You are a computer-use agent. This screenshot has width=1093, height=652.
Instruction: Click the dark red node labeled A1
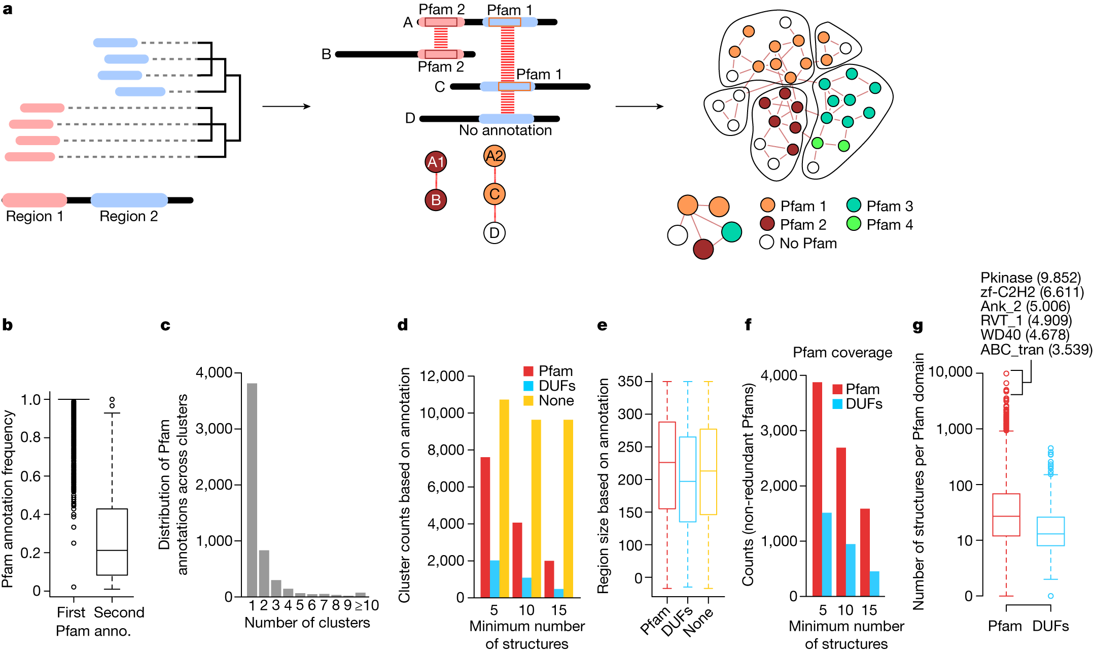pos(436,162)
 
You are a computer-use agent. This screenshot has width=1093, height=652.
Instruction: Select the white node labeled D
pos(495,233)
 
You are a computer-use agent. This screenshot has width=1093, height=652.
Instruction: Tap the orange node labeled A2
pos(495,156)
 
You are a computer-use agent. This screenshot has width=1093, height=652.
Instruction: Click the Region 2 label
pos(128,217)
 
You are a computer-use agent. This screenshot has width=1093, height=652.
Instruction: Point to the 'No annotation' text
pos(505,130)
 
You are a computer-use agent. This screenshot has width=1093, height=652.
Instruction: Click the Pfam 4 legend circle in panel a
pos(854,224)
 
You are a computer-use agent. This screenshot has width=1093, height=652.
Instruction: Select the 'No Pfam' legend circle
pos(767,243)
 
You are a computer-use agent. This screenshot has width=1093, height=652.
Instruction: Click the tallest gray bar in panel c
pos(252,490)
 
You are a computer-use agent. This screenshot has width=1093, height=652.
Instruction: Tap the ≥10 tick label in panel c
pos(367,605)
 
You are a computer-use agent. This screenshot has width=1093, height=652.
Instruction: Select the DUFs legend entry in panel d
pos(550,386)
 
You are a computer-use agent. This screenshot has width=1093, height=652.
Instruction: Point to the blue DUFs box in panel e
pos(688,479)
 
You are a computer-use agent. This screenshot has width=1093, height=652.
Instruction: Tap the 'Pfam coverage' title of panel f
pos(842,353)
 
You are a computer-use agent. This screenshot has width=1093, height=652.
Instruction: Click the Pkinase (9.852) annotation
pos(1030,278)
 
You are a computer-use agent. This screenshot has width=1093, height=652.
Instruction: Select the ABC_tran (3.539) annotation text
pos(1035,350)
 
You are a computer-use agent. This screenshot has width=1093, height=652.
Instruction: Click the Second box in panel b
pos(112,542)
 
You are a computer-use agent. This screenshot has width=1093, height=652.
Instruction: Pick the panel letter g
pos(918,326)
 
